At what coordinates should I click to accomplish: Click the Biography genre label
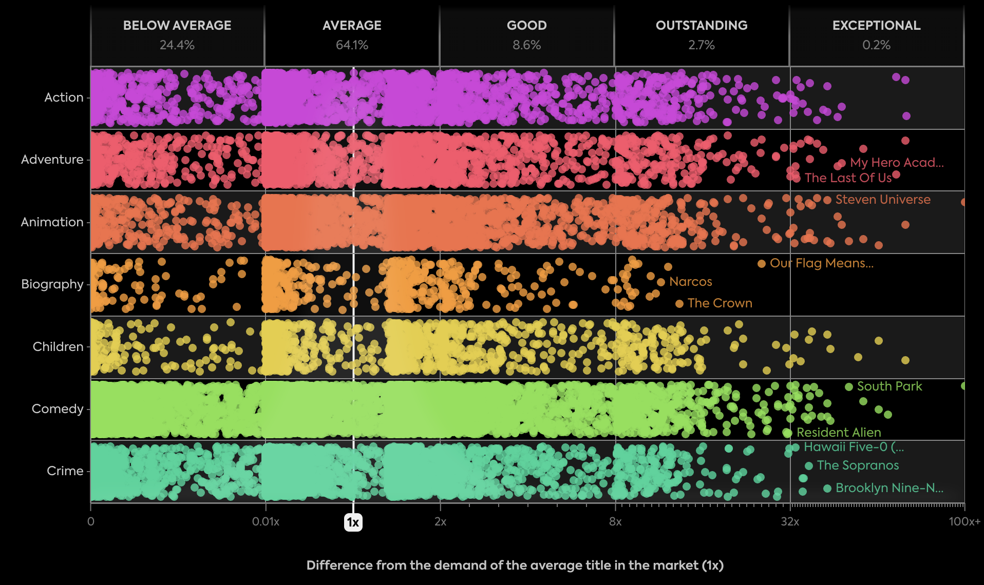52,284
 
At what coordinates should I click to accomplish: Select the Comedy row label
57,409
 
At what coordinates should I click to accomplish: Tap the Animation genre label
52,222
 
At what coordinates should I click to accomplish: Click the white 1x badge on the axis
353,522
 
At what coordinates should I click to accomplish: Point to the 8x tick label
615,522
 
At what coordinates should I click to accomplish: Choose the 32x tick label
789,522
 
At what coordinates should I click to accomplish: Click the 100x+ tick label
964,522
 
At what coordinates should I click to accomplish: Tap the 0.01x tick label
266,522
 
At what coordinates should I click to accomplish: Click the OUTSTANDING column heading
702,26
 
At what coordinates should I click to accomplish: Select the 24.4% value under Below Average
177,45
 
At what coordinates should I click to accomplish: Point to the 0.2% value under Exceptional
876,45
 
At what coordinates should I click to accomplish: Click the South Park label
889,386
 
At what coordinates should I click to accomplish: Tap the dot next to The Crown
679,304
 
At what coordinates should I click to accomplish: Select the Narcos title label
690,282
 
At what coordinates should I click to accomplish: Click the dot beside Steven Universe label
827,200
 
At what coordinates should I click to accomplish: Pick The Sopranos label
858,465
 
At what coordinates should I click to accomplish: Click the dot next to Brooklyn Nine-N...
827,489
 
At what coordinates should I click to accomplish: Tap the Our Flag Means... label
821,263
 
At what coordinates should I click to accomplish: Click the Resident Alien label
838,433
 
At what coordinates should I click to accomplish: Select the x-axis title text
515,565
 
